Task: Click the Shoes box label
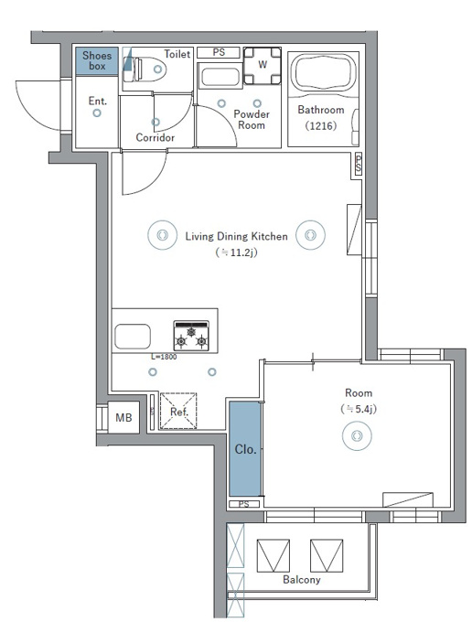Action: click(97, 60)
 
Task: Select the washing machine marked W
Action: click(263, 66)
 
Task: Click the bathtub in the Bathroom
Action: click(323, 73)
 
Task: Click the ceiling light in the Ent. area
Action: click(97, 113)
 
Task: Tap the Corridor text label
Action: click(156, 137)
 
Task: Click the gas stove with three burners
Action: click(191, 336)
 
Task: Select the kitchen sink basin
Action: click(133, 337)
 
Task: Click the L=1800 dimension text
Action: click(164, 357)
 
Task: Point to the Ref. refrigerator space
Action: click(178, 411)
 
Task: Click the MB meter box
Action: click(123, 418)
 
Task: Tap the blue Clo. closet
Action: click(245, 448)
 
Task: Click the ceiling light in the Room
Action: click(357, 435)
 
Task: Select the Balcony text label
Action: click(302, 580)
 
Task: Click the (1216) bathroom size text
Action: click(321, 125)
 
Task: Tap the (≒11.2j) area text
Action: click(236, 252)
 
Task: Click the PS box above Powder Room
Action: click(219, 52)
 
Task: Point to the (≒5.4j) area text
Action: click(359, 409)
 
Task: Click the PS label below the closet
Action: click(244, 504)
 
